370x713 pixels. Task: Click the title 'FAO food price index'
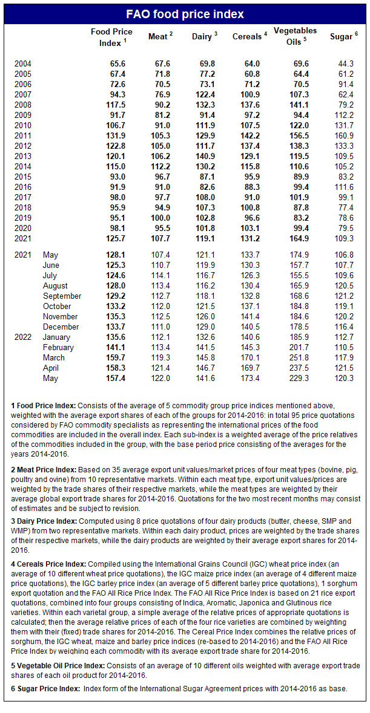tap(185, 14)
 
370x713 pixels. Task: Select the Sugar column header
tap(343, 37)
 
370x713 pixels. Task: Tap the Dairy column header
tap(202, 37)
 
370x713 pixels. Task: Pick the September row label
tap(62, 296)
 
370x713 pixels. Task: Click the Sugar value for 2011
tap(347, 136)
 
